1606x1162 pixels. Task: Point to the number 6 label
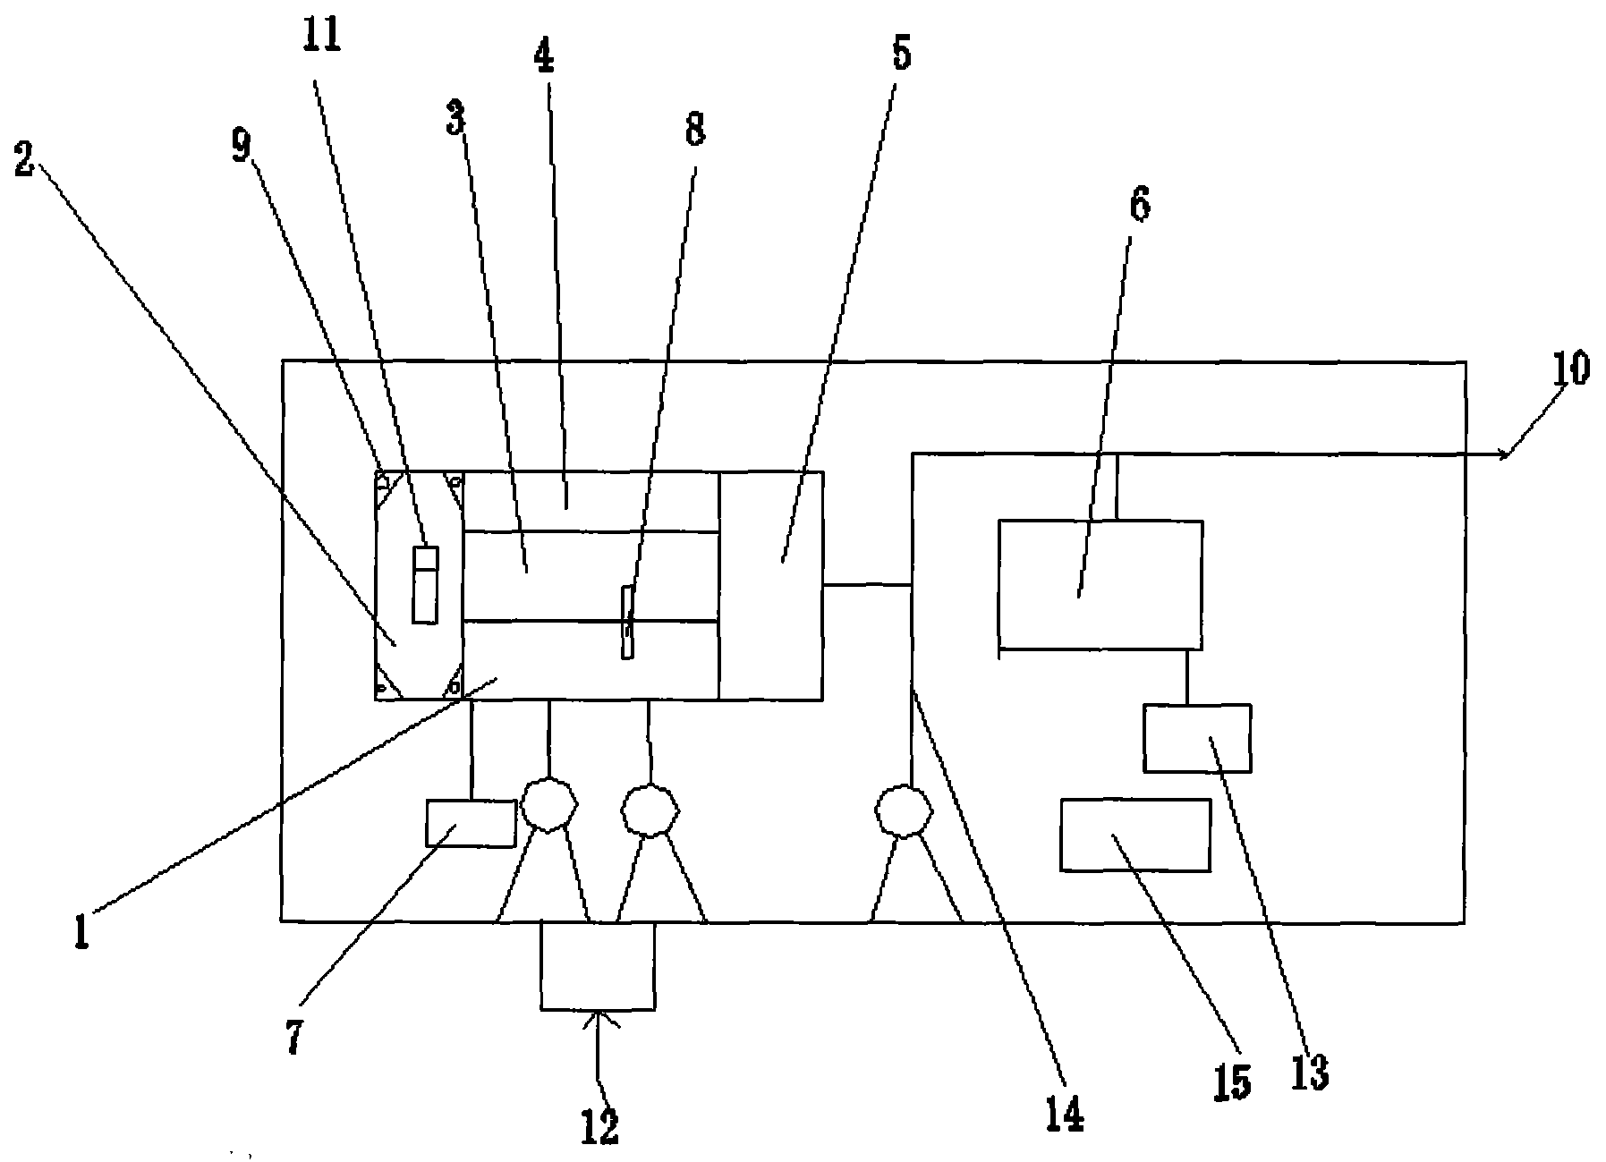click(1139, 205)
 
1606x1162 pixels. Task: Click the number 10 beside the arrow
click(1571, 369)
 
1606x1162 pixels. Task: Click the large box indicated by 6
click(1100, 583)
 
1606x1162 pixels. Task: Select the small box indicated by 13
click(1196, 738)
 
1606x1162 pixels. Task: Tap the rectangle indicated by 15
click(1134, 835)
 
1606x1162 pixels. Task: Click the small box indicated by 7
click(471, 823)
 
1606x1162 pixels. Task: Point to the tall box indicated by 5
click(770, 585)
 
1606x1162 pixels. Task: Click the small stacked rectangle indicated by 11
click(425, 585)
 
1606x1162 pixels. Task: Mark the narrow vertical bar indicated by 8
click(628, 623)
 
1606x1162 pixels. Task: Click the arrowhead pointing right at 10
click(1505, 455)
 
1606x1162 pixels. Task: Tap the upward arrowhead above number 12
click(598, 1016)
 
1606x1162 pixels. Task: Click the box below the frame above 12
click(597, 966)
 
